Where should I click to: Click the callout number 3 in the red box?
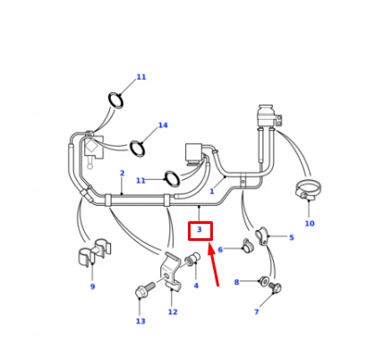(x=200, y=229)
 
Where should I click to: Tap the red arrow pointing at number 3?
(x=214, y=265)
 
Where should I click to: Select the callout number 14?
(x=163, y=125)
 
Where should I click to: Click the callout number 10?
(x=310, y=223)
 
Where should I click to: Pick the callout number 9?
(x=92, y=287)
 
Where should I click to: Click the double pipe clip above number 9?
(x=94, y=252)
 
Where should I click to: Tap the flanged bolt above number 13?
(x=145, y=289)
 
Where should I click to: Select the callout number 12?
(x=173, y=312)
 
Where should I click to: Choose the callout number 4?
(x=196, y=286)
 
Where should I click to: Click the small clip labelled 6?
(x=247, y=245)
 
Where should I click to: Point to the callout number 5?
(x=292, y=237)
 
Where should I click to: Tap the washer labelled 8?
(x=264, y=280)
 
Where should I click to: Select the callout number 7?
(x=257, y=312)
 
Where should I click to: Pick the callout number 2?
(x=122, y=173)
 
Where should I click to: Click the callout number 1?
(x=212, y=192)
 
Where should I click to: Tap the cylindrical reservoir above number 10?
(x=267, y=116)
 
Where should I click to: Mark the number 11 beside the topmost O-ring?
(x=141, y=77)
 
